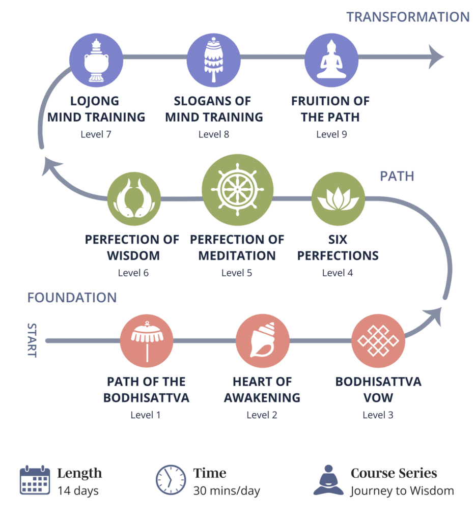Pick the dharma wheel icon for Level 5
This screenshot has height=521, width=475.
click(237, 189)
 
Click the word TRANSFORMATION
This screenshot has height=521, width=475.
click(408, 16)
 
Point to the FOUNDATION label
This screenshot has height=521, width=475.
click(72, 297)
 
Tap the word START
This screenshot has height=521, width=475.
click(32, 340)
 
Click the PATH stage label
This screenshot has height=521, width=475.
click(397, 176)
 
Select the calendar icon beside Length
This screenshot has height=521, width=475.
click(35, 480)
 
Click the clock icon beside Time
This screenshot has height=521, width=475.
click(171, 480)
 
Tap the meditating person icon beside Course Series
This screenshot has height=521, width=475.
click(328, 480)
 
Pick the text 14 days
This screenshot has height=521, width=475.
click(78, 491)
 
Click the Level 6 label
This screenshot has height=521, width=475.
click(133, 273)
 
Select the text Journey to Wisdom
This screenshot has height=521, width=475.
click(402, 491)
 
